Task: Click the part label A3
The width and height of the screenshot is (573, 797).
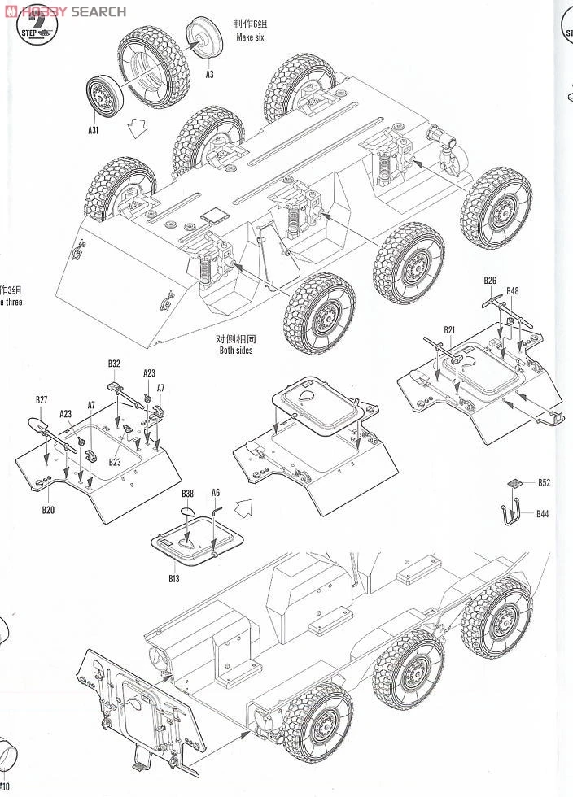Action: [x=209, y=74]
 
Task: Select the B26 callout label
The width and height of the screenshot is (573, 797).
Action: [x=490, y=281]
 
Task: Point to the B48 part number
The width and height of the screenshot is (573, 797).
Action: [x=512, y=291]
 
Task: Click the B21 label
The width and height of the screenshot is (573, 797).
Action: [x=450, y=329]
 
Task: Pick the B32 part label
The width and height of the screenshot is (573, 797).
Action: [x=114, y=364]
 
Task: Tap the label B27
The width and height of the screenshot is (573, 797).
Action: [x=42, y=399]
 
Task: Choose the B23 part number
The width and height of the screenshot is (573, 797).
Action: [x=115, y=462]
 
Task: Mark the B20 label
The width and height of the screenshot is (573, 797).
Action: [x=48, y=510]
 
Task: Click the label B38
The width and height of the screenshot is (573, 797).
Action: [x=188, y=494]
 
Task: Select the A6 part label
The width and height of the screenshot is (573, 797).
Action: [x=216, y=493]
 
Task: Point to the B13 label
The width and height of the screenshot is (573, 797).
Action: [x=173, y=578]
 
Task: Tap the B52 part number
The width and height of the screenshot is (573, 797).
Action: [x=544, y=482]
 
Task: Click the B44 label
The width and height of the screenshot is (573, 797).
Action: [x=543, y=513]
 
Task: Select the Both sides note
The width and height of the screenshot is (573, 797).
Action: [x=236, y=351]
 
